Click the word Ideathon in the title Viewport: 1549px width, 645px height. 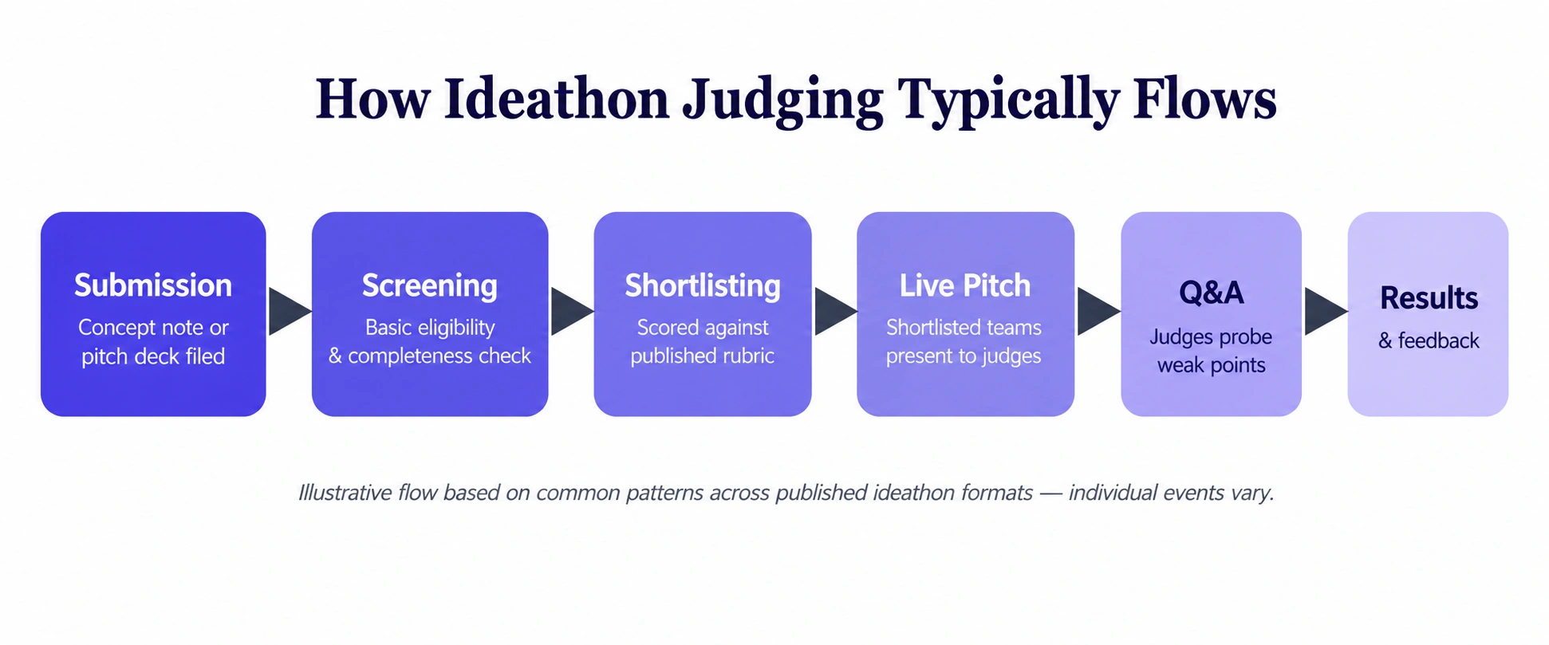pyautogui.click(x=556, y=100)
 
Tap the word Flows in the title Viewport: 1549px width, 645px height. pyautogui.click(x=1204, y=100)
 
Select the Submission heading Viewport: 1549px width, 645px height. pyautogui.click(x=153, y=285)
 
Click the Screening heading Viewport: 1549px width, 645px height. pyautogui.click(x=430, y=285)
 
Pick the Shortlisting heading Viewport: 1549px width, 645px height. pyautogui.click(x=703, y=285)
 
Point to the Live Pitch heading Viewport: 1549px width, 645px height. pyautogui.click(x=965, y=285)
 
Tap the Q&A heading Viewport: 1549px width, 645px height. pyautogui.click(x=1211, y=293)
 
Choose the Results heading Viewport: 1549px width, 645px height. pyautogui.click(x=1429, y=298)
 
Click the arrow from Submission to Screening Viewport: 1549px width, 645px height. pyautogui.click(x=290, y=312)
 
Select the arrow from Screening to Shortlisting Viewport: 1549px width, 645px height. pyautogui.click(x=572, y=312)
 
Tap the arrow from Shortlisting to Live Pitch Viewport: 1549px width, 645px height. pyautogui.click(x=835, y=312)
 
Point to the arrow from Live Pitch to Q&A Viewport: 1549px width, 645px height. pyautogui.click(x=1098, y=312)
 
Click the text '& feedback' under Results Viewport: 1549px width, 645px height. pyautogui.click(x=1429, y=340)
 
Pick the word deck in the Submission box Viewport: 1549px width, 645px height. pyautogui.click(x=156, y=356)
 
